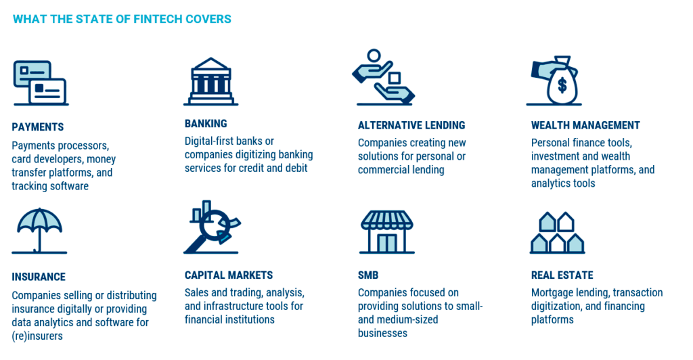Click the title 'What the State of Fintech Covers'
point(122,19)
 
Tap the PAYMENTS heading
point(38,127)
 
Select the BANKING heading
point(206,124)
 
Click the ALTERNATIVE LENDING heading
point(411,125)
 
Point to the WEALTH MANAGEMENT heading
point(585,125)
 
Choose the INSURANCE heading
point(39,277)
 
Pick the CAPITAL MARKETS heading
point(229,275)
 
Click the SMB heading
point(368,275)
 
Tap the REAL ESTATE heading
point(562,275)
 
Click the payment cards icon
point(41,83)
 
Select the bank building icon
point(211,82)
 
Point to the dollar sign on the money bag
point(562,85)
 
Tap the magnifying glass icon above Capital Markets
point(212,227)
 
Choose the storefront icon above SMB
point(386,231)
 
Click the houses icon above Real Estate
point(558,232)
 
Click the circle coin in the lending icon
point(374,55)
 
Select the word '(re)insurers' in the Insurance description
point(37,336)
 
